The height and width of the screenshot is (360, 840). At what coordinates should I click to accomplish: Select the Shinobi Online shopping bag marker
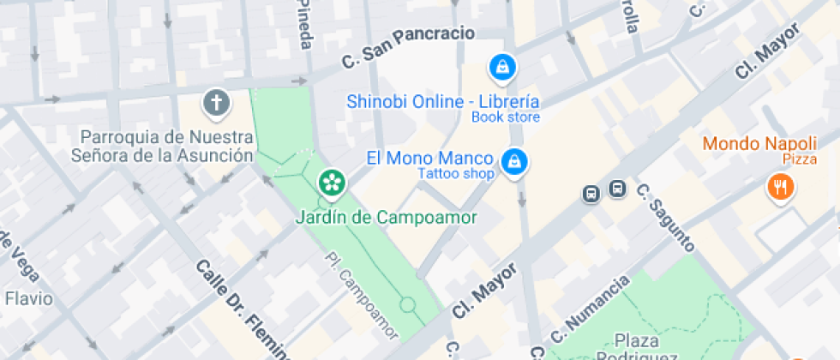coord(500,66)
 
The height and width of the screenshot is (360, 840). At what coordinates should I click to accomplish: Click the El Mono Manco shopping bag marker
coord(513,160)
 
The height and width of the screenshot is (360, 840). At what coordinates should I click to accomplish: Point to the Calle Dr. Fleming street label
coord(242,309)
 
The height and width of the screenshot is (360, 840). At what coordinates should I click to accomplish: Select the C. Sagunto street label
coord(665,218)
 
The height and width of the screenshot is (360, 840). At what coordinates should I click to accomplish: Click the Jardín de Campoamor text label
coord(386,218)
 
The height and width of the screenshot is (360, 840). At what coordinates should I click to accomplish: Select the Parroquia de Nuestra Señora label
coord(167,147)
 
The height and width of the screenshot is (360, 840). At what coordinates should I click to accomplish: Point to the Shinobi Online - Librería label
coord(443,101)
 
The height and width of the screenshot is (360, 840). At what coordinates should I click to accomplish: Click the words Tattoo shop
coord(456,174)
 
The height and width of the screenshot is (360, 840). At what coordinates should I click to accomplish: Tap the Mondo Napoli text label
coord(760,143)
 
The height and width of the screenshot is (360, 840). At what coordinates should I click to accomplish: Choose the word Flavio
coord(28,299)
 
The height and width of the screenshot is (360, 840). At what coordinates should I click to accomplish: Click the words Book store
coord(506,117)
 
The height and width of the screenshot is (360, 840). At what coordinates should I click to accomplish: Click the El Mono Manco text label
coord(429,158)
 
